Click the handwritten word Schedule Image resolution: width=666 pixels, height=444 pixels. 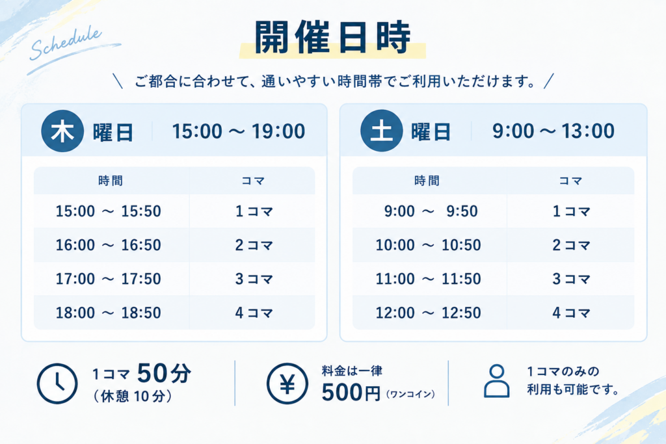click(66, 43)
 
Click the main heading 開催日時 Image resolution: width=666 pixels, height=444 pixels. click(332, 37)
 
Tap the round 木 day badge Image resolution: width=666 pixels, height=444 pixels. click(62, 131)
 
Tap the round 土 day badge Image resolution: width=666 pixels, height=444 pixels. click(381, 131)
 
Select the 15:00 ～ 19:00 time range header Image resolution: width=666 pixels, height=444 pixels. click(238, 131)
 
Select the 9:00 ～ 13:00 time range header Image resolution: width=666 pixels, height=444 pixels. click(553, 131)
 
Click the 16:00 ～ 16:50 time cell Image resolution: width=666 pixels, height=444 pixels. click(109, 245)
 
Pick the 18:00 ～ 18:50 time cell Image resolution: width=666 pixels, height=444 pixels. click(109, 313)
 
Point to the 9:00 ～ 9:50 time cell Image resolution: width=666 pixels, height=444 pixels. click(431, 211)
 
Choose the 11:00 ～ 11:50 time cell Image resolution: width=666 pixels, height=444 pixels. click(428, 279)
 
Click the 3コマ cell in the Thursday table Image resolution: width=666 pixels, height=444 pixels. click(254, 279)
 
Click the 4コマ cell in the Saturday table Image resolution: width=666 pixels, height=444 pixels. click(571, 313)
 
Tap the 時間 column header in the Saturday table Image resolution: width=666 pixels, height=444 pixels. click(427, 181)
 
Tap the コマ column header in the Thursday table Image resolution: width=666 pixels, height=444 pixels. click(253, 181)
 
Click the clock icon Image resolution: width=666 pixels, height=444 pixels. click(57, 384)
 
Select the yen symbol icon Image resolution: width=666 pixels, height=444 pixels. click(287, 384)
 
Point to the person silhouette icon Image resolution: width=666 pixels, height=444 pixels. click(496, 381)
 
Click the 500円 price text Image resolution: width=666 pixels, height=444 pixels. click(351, 392)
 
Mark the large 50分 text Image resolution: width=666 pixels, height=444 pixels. click(164, 373)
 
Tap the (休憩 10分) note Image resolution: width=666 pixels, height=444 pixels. click(133, 397)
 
